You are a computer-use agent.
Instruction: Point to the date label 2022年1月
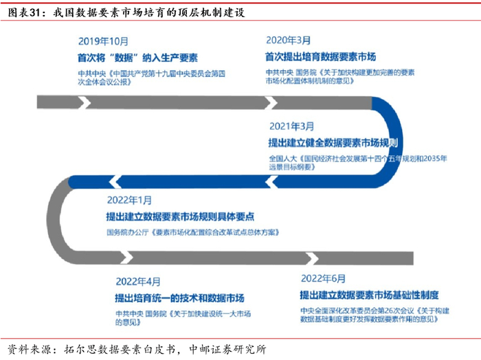pyautogui.click(x=129, y=200)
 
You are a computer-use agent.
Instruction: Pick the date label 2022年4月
pyautogui.click(x=137, y=282)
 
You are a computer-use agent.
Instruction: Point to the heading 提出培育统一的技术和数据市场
pyautogui.click(x=179, y=299)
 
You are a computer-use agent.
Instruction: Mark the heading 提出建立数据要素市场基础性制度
pyautogui.click(x=368, y=295)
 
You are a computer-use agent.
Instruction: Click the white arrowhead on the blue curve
pyautogui.click(x=272, y=181)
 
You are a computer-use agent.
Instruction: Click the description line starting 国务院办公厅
pyautogui.click(x=193, y=232)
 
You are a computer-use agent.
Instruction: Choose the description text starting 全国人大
pyautogui.click(x=357, y=163)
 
